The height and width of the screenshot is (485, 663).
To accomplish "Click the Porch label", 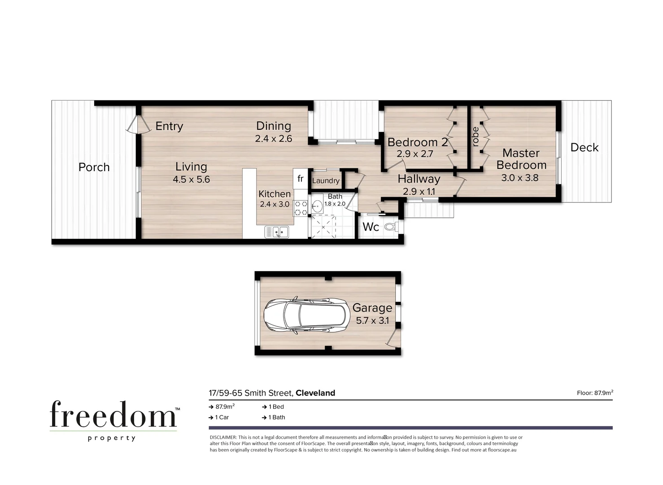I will [x=94, y=167].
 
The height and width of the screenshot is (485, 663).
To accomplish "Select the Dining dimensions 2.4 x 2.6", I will [x=273, y=139].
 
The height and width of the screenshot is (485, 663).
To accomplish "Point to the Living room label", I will [x=191, y=167].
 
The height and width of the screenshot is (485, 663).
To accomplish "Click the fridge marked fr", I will [x=300, y=179].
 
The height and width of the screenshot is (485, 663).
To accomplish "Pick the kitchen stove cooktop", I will [x=300, y=207].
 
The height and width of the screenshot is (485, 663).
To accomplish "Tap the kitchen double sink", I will [x=277, y=232].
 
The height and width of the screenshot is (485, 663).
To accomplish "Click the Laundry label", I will [x=326, y=181].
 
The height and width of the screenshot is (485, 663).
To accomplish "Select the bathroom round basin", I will [x=318, y=207].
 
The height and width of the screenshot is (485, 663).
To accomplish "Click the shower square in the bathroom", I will [x=323, y=227].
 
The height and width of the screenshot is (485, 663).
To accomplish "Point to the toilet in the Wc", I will [x=390, y=227].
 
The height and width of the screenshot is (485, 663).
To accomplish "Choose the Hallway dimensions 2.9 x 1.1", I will [x=419, y=191].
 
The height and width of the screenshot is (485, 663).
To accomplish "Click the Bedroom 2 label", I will [x=417, y=142].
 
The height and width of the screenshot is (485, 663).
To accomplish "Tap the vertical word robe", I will [x=475, y=137].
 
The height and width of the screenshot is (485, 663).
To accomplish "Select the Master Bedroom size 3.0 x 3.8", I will [x=519, y=178].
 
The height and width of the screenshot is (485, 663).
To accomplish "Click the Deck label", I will [x=584, y=147].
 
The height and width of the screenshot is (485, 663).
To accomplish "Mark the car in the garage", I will [x=306, y=316].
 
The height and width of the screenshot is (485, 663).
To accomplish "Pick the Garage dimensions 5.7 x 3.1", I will [x=372, y=321].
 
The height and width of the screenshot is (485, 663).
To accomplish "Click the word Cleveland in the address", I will [x=315, y=393].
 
